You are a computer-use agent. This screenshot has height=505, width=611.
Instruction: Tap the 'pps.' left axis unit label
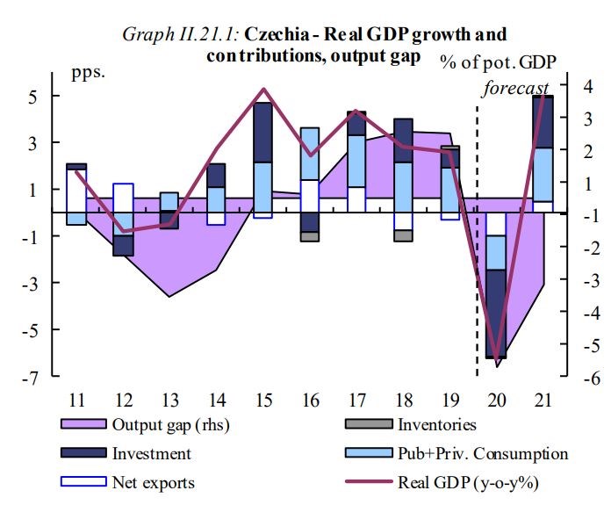(88, 71)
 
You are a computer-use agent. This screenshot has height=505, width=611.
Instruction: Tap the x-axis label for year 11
(76, 400)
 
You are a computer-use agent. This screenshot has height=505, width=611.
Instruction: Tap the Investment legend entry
(150, 454)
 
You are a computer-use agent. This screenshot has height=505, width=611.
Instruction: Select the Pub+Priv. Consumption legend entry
(483, 454)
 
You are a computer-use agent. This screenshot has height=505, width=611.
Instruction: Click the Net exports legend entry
(152, 482)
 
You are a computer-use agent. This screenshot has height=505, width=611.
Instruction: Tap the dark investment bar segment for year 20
(497, 313)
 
